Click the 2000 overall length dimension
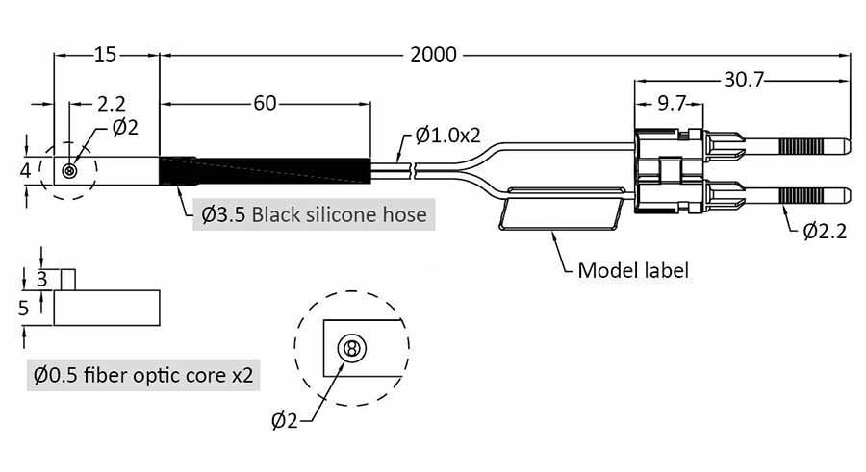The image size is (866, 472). click(x=432, y=55)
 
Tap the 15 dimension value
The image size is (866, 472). click(x=106, y=55)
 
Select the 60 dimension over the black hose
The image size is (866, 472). click(x=265, y=103)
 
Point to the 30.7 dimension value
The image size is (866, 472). click(x=744, y=81)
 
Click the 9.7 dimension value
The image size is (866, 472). click(x=670, y=103)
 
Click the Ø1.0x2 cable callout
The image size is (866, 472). click(x=448, y=136)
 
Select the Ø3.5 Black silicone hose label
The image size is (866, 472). click(x=314, y=213)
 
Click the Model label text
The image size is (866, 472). click(x=632, y=269)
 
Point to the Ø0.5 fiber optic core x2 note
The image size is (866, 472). click(x=143, y=375)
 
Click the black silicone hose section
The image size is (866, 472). click(x=264, y=170)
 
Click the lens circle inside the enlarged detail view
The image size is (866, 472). click(x=351, y=348)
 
